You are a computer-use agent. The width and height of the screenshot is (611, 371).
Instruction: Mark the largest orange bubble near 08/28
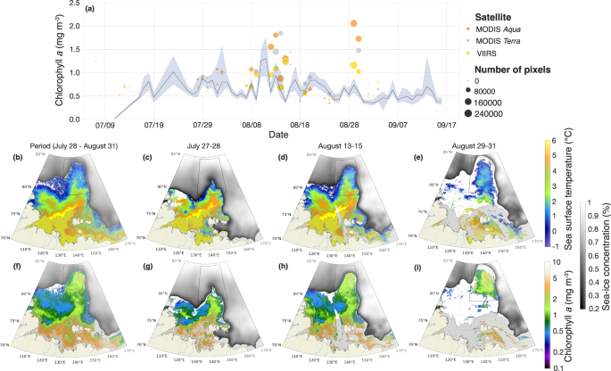click(354, 23)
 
